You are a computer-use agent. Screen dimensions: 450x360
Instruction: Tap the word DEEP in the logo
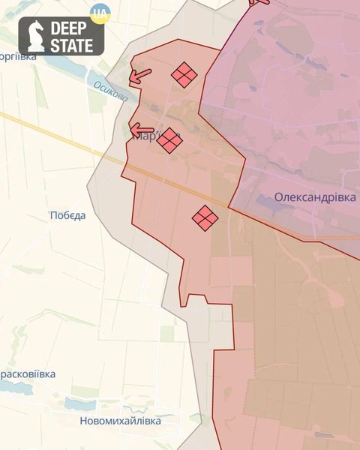[71, 29]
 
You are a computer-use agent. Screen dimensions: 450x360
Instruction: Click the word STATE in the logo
[71, 45]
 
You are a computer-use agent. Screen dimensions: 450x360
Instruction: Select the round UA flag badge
[99, 13]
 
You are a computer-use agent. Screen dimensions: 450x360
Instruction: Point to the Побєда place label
[67, 216]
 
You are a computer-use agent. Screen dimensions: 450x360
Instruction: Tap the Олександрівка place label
[315, 197]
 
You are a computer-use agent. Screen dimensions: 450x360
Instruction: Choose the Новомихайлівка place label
[120, 421]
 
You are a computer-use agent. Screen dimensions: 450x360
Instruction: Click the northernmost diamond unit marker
[184, 75]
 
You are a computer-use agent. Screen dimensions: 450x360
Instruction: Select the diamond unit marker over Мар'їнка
[169, 139]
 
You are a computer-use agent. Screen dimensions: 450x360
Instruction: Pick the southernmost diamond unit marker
[205, 218]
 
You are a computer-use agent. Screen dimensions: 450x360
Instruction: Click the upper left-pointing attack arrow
[139, 75]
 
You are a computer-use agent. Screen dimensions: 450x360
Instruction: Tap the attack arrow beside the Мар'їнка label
[141, 131]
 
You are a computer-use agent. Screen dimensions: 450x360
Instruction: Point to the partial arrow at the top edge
[259, 3]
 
